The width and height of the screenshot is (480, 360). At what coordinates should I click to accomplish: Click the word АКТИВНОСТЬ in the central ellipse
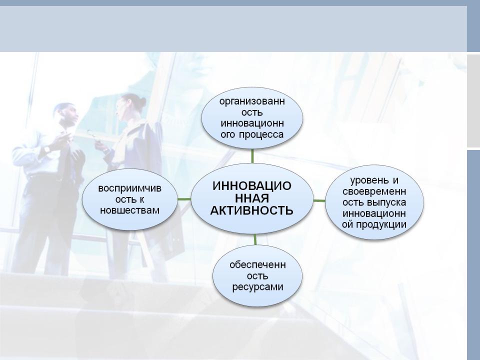click(251, 210)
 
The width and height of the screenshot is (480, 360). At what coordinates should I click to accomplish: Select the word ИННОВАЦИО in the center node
click(251, 186)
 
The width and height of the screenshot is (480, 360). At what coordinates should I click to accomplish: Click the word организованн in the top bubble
click(252, 101)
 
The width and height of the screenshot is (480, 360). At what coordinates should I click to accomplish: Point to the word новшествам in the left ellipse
click(130, 210)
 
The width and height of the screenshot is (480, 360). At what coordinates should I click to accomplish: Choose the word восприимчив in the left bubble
click(130, 188)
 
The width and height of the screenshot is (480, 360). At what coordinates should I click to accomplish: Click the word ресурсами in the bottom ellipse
click(257, 287)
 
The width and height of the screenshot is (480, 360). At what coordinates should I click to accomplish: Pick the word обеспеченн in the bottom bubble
click(257, 265)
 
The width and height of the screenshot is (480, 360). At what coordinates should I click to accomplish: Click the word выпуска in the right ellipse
click(386, 202)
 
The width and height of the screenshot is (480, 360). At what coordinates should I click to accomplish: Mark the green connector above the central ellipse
click(252, 156)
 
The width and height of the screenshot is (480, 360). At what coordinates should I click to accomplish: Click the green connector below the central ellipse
click(255, 239)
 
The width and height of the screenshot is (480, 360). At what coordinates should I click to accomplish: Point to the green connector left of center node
click(184, 199)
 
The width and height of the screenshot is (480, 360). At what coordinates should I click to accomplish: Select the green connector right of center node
click(319, 201)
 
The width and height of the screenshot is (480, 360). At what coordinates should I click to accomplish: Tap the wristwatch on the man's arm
click(47, 149)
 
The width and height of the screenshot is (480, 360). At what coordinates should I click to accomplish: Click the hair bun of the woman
click(142, 102)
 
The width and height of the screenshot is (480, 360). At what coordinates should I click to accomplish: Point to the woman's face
click(121, 110)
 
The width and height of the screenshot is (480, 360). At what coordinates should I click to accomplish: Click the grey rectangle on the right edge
click(473, 100)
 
